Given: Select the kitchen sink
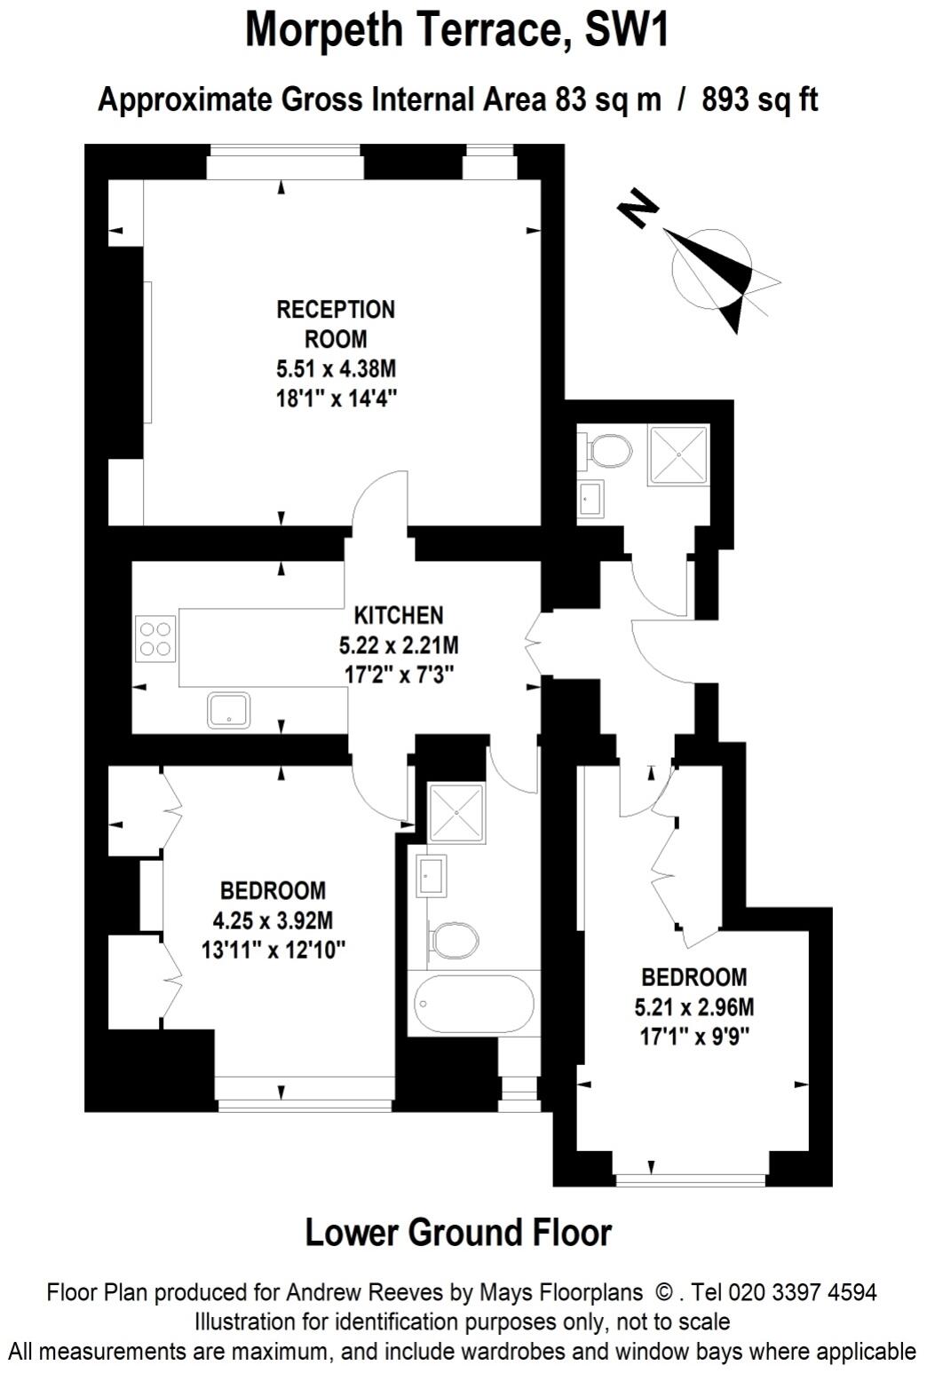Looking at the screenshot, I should click(229, 710).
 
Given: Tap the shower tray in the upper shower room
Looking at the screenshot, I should click(679, 455).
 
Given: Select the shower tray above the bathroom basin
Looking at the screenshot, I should click(456, 812).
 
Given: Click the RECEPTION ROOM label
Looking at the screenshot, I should click(336, 324).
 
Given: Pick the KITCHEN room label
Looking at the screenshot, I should click(399, 615).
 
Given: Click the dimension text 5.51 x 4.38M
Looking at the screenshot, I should click(336, 367).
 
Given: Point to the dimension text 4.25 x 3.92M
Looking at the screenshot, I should click(273, 920).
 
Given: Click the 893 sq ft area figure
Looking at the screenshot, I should click(759, 100).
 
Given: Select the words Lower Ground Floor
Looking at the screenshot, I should click(458, 1233).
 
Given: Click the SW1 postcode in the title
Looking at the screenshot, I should click(626, 30).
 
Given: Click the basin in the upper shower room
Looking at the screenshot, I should click(590, 499).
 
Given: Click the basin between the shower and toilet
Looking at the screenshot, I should click(432, 876).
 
